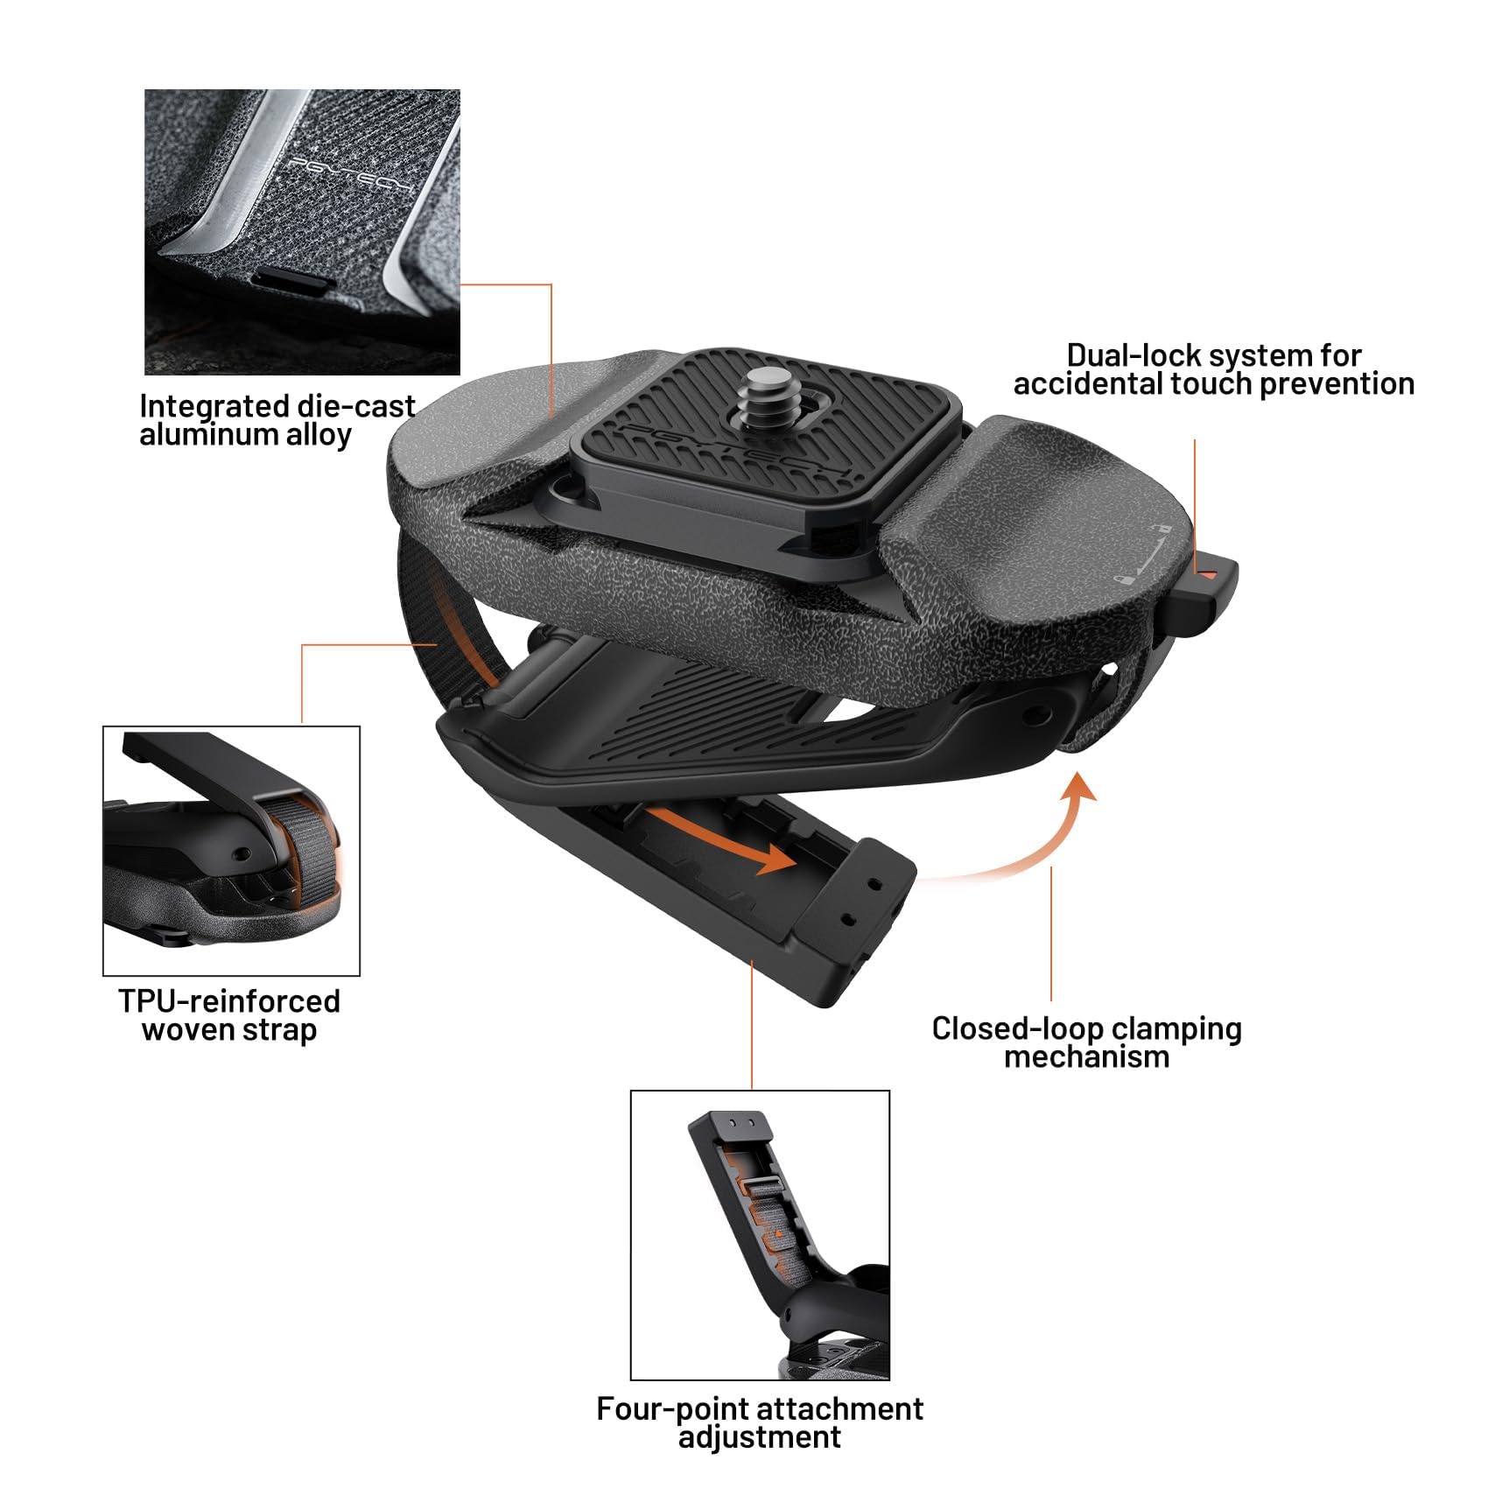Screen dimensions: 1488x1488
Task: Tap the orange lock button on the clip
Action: (x=1207, y=575)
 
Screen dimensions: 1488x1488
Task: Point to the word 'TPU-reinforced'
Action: (x=229, y=1001)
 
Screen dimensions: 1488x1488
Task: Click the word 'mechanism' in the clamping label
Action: (x=1086, y=1057)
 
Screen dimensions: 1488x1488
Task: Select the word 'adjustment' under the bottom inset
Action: (x=760, y=1437)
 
